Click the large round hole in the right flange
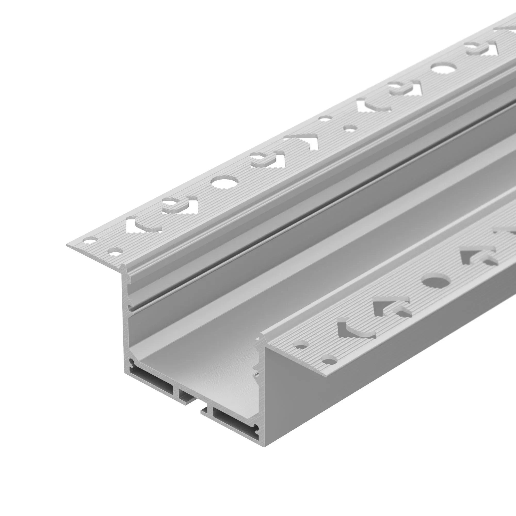click(x=436, y=281)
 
